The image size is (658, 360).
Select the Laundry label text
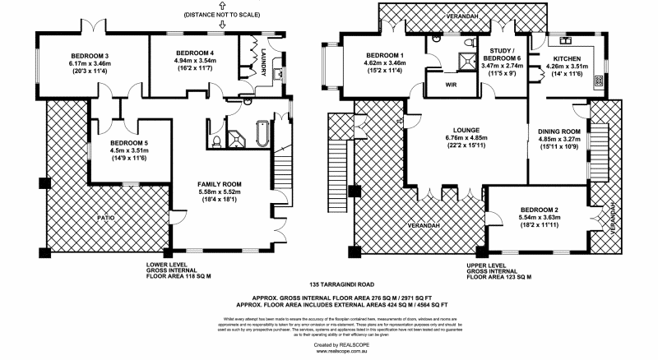[265, 59]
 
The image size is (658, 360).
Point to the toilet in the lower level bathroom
[215, 142]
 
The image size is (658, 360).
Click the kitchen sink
[565, 39]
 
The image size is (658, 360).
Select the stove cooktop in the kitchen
[597, 81]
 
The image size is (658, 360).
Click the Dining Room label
[559, 132]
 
